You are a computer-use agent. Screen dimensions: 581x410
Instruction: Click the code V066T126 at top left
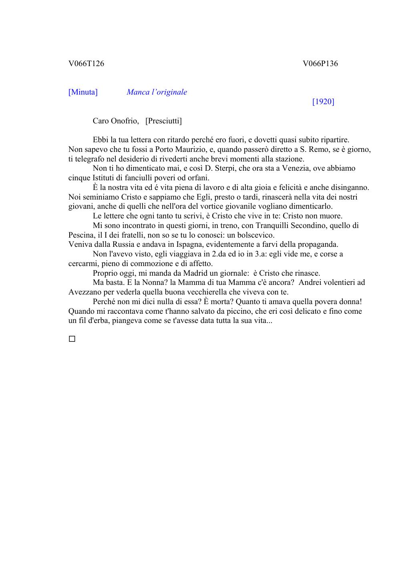(86, 63)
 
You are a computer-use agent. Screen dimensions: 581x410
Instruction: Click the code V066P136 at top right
(320, 63)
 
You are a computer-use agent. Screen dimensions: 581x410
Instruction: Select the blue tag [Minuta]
(83, 92)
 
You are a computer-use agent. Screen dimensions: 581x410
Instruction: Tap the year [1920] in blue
(323, 102)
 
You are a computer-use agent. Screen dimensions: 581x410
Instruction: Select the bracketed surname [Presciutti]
(164, 121)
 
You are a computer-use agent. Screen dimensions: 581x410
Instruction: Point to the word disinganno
(350, 188)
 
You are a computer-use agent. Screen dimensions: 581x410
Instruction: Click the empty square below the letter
(72, 339)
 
